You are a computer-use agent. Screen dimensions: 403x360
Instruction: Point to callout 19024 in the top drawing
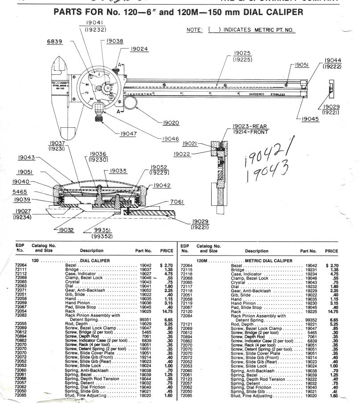pos(139,49)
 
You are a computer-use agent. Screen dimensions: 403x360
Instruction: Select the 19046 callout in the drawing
pos(169,139)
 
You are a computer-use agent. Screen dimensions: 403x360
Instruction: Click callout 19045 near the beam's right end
pos(311,119)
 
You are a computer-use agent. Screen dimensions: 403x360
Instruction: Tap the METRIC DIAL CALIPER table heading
pos(269,261)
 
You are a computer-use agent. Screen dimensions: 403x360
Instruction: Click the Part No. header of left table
pos(143,251)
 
